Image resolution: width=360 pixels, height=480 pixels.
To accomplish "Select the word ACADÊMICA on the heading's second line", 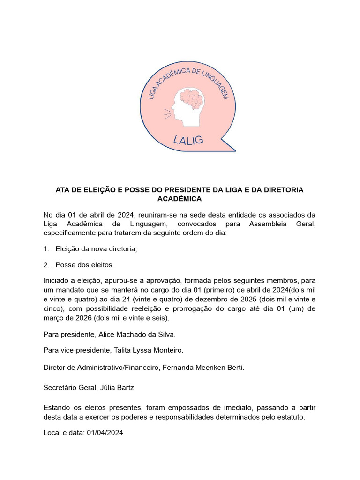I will (180, 199).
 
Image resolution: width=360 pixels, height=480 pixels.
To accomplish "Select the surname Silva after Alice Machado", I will (165, 334).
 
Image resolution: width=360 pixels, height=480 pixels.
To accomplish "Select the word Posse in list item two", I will (66, 265).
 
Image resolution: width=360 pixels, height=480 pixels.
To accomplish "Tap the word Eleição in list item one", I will (69, 249).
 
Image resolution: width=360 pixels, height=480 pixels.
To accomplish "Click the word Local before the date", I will (52, 433).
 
